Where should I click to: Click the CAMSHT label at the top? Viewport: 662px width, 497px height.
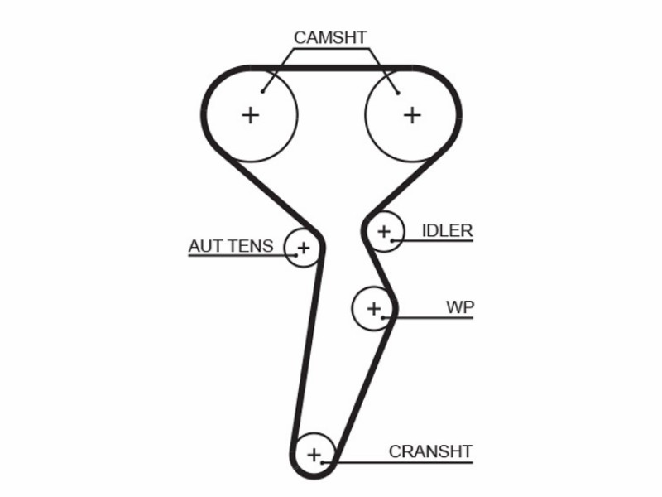pyautogui.click(x=330, y=37)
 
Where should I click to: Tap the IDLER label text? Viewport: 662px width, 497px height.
pyautogui.click(x=448, y=231)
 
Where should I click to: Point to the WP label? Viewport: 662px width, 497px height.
pyautogui.click(x=460, y=307)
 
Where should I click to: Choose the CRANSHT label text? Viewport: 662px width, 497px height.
pyautogui.click(x=430, y=451)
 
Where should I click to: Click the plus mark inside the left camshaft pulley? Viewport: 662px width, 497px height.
pyautogui.click(x=251, y=115)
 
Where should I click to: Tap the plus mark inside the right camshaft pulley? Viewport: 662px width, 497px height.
pyautogui.click(x=412, y=115)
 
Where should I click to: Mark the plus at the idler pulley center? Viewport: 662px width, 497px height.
pyautogui.click(x=384, y=231)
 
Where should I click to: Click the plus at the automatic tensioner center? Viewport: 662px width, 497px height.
pyautogui.click(x=304, y=247)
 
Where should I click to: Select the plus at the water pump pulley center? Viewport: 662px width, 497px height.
pyautogui.click(x=374, y=308)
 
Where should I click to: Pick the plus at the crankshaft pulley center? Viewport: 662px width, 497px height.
pyautogui.click(x=314, y=455)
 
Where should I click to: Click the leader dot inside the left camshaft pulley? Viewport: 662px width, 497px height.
pyautogui.click(x=262, y=92)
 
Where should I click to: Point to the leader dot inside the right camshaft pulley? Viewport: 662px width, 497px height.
pyautogui.click(x=398, y=93)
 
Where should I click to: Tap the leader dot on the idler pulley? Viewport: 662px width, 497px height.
pyautogui.click(x=392, y=240)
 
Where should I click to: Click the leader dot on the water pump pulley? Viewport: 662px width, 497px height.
pyautogui.click(x=382, y=317)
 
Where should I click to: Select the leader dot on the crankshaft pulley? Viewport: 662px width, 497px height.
pyautogui.click(x=323, y=462)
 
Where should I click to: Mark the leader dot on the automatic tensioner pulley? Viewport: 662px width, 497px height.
pyautogui.click(x=296, y=255)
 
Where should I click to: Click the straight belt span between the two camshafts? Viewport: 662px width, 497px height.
pyautogui.click(x=332, y=68)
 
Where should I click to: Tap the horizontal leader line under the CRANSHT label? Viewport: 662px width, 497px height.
pyautogui.click(x=398, y=462)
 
